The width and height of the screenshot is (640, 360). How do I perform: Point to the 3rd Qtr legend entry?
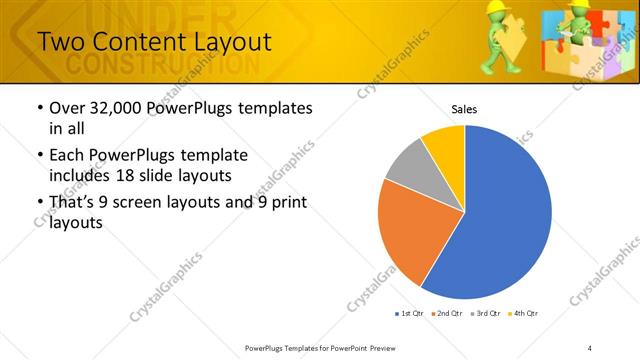point(485,314)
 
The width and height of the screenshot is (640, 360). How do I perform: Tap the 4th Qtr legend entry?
point(524,314)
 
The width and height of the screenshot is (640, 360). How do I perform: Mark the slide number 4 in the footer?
point(590,348)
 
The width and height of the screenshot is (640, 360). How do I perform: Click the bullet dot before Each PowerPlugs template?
point(39,156)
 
